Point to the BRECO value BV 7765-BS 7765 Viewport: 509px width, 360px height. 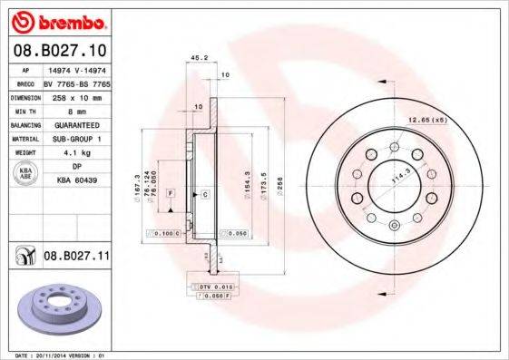75,83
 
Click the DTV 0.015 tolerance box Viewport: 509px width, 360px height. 212,286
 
